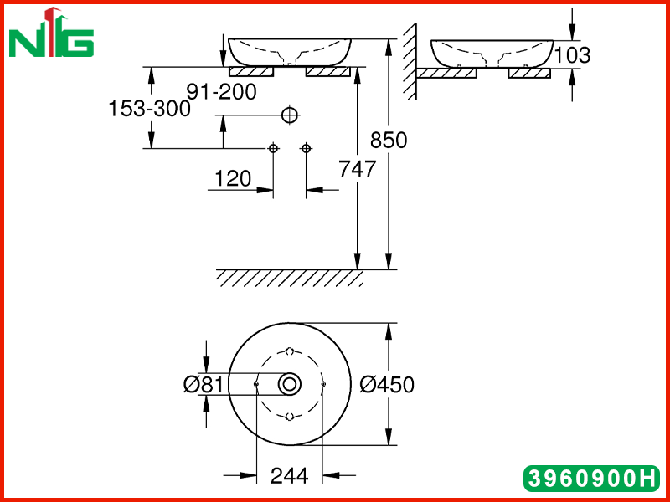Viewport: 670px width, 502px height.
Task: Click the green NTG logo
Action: tap(51, 33)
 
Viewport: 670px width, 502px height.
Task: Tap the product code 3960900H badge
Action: tap(591, 478)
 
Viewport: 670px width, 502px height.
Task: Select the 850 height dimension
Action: tap(389, 140)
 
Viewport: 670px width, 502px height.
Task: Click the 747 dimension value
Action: tap(358, 168)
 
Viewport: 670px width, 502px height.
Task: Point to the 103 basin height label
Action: tap(572, 55)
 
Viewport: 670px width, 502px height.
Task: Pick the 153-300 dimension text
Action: tap(150, 109)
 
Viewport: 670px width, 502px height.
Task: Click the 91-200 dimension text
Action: tap(222, 91)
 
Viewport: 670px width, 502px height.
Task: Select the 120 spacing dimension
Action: tap(233, 178)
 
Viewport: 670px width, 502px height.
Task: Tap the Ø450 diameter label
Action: tap(387, 385)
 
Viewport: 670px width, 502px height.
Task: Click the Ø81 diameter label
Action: tap(204, 385)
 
